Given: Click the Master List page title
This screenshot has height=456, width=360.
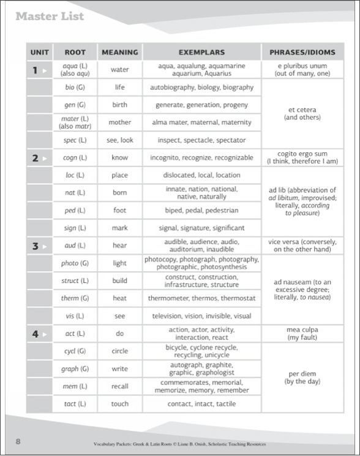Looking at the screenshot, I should (x=50, y=16).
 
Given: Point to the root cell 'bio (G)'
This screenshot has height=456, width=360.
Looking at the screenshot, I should (x=75, y=88).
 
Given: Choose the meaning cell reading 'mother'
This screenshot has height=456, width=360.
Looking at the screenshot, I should (x=120, y=122).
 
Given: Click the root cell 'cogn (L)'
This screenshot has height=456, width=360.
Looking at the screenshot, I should (x=75, y=158).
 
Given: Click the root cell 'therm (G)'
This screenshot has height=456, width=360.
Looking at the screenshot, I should (x=75, y=299).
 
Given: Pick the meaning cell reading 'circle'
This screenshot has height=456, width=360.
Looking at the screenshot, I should (x=120, y=351).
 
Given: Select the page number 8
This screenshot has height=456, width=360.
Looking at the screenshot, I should (x=18, y=442).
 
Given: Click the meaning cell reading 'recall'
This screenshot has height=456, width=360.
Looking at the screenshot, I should (x=120, y=387).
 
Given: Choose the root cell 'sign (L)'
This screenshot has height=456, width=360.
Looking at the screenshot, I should (x=75, y=228).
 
